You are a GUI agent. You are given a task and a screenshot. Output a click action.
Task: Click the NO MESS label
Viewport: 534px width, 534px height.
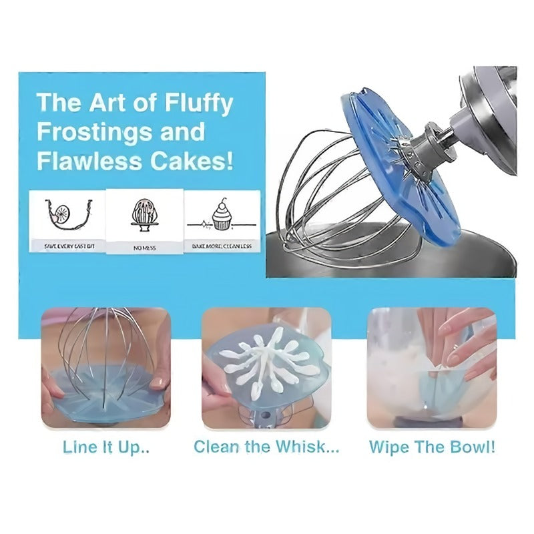[x=145, y=247]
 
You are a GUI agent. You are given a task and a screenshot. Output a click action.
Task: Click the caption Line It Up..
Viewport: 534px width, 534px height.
[x=105, y=447]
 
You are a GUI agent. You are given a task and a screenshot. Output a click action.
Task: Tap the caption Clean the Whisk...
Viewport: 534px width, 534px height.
[x=266, y=447]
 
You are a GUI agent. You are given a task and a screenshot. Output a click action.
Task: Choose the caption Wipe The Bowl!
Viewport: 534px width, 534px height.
[x=432, y=447]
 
